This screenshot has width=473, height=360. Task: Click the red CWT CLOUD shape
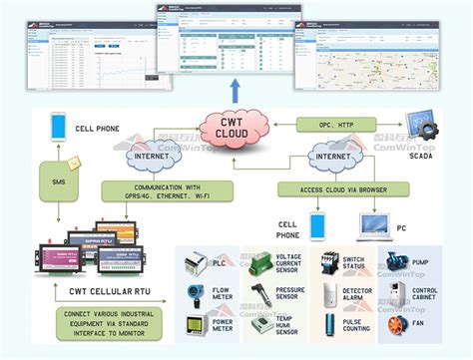[x=237, y=130]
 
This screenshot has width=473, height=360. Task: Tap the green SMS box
[x=58, y=181]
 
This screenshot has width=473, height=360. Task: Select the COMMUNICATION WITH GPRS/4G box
[x=167, y=190]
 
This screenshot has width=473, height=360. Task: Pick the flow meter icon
[x=193, y=295]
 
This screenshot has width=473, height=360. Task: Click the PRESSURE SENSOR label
[x=291, y=295]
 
